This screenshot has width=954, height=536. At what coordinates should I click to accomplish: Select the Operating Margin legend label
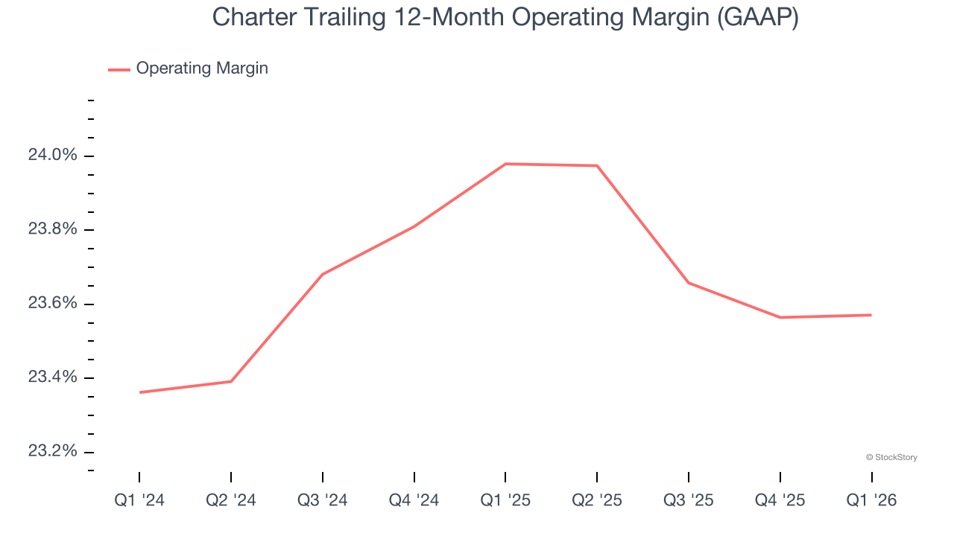coord(202,68)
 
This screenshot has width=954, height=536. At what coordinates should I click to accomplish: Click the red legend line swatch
coord(119,69)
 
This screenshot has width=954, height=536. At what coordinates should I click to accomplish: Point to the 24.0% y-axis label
coord(52,156)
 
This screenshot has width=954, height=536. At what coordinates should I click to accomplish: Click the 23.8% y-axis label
coord(52,229)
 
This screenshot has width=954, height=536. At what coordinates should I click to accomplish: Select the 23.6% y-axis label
coord(52,304)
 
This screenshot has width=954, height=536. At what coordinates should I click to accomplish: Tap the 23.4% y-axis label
coord(52,377)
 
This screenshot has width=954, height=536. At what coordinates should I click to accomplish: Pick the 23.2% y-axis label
coord(52,452)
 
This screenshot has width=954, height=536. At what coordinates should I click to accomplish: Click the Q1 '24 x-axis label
coord(139,500)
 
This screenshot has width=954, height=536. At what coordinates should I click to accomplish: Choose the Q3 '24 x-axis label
coord(323,500)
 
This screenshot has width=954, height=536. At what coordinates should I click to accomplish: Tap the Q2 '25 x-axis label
coord(597,500)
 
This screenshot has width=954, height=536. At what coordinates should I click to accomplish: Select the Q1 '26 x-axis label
coord(871,500)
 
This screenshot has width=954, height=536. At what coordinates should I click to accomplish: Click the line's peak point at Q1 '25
coord(505,164)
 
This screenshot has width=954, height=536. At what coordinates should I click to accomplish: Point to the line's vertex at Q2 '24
coord(231,381)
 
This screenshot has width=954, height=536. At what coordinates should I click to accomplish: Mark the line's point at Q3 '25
coord(689,283)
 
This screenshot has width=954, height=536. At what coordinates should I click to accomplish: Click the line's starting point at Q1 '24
coord(139,392)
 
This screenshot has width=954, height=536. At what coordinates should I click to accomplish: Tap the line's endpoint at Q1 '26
coord(871,315)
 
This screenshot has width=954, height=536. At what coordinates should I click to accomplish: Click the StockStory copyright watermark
coord(891,457)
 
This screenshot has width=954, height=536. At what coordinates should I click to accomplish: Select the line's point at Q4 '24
coord(414,226)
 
